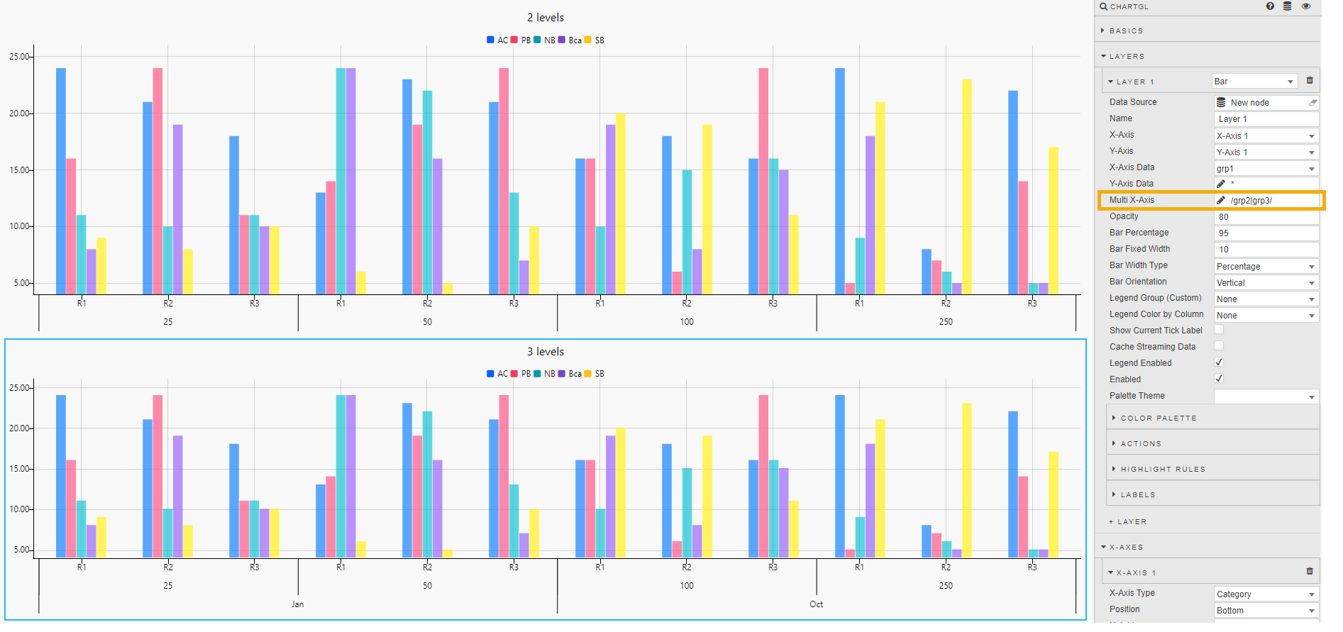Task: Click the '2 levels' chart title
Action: coord(545,18)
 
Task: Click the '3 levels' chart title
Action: coord(545,352)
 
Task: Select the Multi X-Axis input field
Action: coord(1266,201)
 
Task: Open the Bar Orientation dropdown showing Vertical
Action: coord(1266,283)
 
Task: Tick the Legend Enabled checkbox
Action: coord(1219,362)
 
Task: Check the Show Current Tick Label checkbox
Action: coord(1219,330)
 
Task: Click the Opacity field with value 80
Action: coord(1266,217)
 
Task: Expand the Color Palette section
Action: coord(1158,418)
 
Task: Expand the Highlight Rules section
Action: coord(1162,470)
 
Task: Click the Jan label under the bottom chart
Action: coord(297,604)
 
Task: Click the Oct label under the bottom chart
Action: coord(816,604)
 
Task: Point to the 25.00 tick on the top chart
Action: coord(20,57)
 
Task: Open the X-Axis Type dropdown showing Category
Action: coord(1266,594)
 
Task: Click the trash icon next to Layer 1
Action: coord(1310,81)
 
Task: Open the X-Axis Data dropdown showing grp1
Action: coord(1266,169)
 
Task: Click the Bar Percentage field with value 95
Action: coord(1266,233)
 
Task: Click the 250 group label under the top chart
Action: coord(946,322)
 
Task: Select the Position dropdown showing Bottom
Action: coord(1266,611)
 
